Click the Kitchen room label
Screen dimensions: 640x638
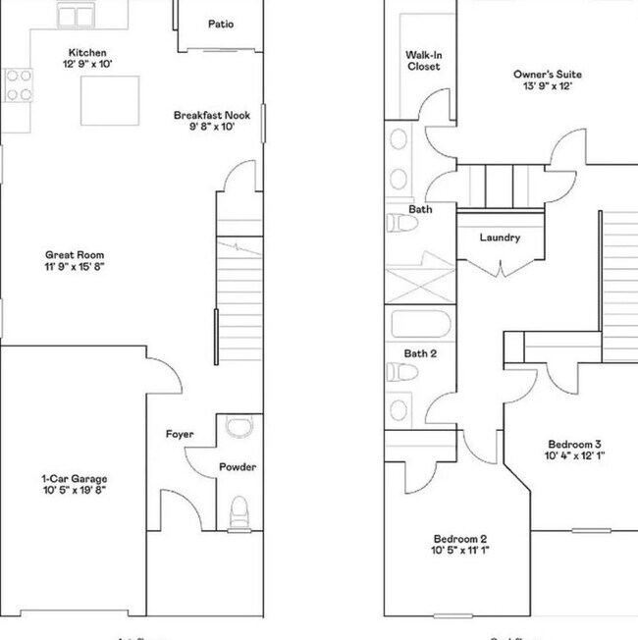pyautogui.click(x=87, y=53)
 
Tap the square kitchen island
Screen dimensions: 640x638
pyautogui.click(x=106, y=101)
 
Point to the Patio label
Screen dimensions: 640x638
pyautogui.click(x=221, y=25)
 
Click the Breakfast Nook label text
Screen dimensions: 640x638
pyautogui.click(x=211, y=115)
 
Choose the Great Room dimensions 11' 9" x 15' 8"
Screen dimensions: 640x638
pyautogui.click(x=75, y=267)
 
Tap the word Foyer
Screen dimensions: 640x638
pyautogui.click(x=179, y=434)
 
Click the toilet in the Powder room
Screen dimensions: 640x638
pyautogui.click(x=239, y=510)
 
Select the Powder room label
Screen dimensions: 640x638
pyautogui.click(x=238, y=467)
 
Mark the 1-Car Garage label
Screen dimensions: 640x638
pyautogui.click(x=75, y=479)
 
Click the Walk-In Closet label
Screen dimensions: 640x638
pyautogui.click(x=423, y=61)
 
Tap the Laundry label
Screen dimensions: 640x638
pyautogui.click(x=500, y=238)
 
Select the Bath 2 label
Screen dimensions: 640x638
pyautogui.click(x=420, y=353)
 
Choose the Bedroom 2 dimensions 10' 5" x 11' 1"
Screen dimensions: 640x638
pyautogui.click(x=460, y=552)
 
